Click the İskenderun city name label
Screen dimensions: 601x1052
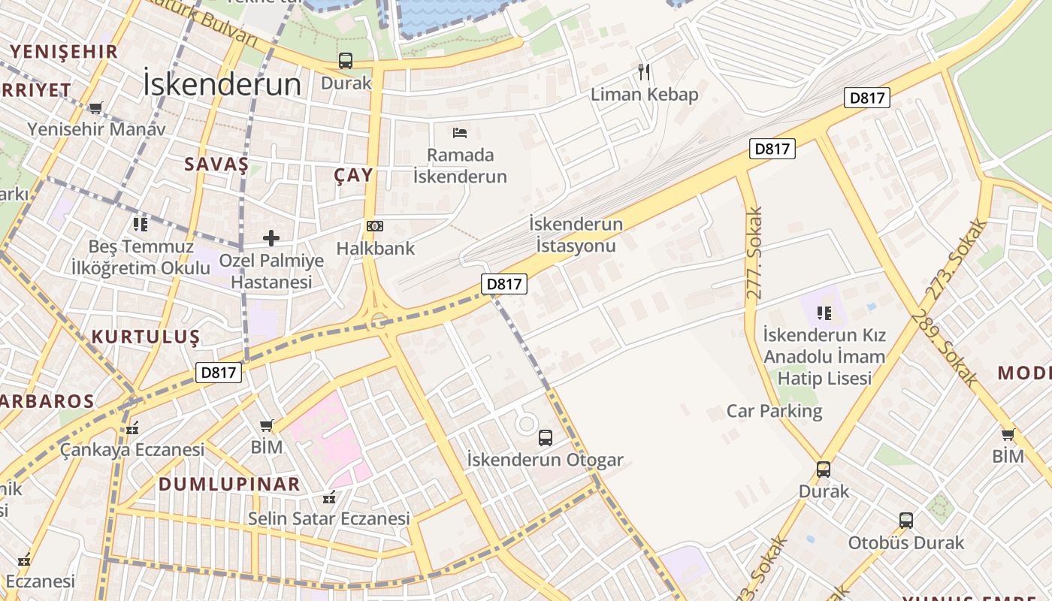pyautogui.click(x=222, y=85)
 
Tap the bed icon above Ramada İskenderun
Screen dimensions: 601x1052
pyautogui.click(x=460, y=133)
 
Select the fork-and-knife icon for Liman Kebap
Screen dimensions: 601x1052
pyautogui.click(x=644, y=72)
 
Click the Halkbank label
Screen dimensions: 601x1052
pyautogui.click(x=375, y=248)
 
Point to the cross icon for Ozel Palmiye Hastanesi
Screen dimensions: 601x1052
pyautogui.click(x=271, y=239)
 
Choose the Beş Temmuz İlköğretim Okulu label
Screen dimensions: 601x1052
pyautogui.click(x=141, y=257)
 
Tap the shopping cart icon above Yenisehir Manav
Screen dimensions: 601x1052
pyautogui.click(x=95, y=108)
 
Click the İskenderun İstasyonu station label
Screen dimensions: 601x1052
pyautogui.click(x=576, y=234)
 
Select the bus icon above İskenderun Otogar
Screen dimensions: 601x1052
pyautogui.click(x=546, y=437)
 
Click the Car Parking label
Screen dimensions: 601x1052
pyautogui.click(x=774, y=411)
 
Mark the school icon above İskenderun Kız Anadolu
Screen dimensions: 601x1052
pyautogui.click(x=824, y=313)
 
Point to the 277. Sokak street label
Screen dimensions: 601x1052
pyautogui.click(x=754, y=252)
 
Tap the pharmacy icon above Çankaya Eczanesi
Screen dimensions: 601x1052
pyautogui.click(x=132, y=428)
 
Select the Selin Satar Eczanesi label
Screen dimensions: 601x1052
pyautogui.click(x=329, y=518)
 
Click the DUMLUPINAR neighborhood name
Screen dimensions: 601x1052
pyautogui.click(x=229, y=484)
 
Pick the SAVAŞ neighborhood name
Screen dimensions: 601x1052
pyautogui.click(x=216, y=165)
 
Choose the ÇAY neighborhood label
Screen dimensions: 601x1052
pyautogui.click(x=353, y=175)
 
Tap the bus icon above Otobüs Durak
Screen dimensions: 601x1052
pyautogui.click(x=906, y=520)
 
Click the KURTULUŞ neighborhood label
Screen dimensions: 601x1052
pyautogui.click(x=146, y=337)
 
